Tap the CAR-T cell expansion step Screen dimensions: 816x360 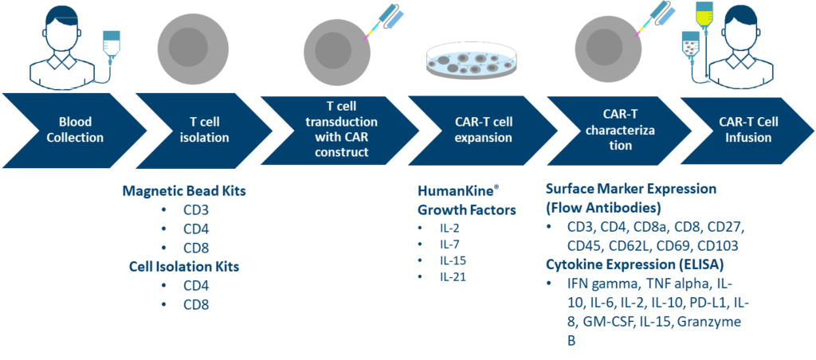pos(479,130)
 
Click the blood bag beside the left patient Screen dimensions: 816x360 pos(110,45)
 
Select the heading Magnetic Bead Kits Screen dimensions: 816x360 pos(184,190)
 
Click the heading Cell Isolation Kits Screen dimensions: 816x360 pos(184,266)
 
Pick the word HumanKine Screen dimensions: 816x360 pos(458,191)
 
